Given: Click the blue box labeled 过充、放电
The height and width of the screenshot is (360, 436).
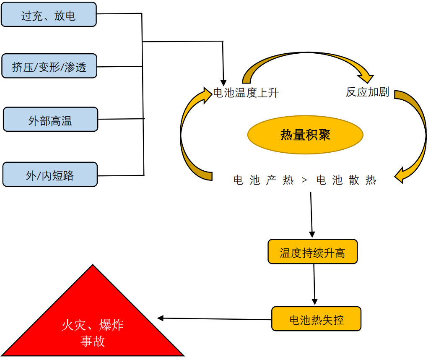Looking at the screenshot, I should point(49,15).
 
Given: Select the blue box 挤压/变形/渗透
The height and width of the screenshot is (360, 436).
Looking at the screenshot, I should point(49,66).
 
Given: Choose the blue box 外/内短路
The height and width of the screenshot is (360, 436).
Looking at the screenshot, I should point(49,175).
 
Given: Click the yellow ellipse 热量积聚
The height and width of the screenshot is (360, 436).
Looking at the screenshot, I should point(305,135).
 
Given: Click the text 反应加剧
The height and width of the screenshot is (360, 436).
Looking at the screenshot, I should point(368,92).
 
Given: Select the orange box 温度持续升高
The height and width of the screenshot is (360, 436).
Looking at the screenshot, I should point(312,252).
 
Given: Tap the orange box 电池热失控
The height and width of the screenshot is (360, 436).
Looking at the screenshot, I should point(316,319).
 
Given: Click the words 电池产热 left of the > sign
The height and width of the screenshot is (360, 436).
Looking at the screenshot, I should point(263,180).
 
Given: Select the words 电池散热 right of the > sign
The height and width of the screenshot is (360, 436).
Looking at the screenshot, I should point(346,180).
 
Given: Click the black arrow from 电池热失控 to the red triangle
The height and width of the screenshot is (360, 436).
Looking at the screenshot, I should point(214,319).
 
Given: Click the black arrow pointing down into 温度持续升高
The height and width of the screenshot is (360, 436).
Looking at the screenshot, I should point(311,214).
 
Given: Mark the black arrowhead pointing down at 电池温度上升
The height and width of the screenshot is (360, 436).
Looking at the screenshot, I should point(223,82).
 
